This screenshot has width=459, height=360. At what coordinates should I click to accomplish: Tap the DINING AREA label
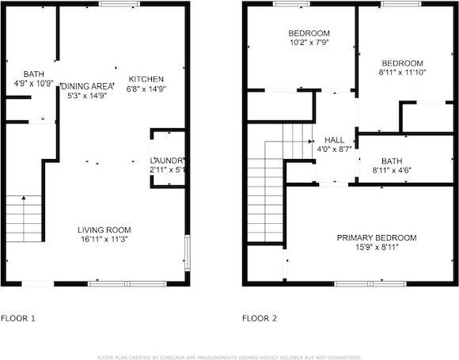tap(87, 85)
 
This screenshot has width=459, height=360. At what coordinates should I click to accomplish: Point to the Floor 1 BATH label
tap(22, 73)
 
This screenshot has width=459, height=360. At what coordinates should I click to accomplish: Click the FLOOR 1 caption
tap(17, 319)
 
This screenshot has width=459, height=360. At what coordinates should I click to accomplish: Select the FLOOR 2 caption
tap(260, 319)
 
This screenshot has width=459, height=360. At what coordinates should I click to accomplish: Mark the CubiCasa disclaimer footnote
tap(229, 356)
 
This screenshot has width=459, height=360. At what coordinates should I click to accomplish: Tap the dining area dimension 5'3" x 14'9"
tap(87, 95)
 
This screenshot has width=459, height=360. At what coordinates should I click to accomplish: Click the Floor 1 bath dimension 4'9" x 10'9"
tap(22, 83)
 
